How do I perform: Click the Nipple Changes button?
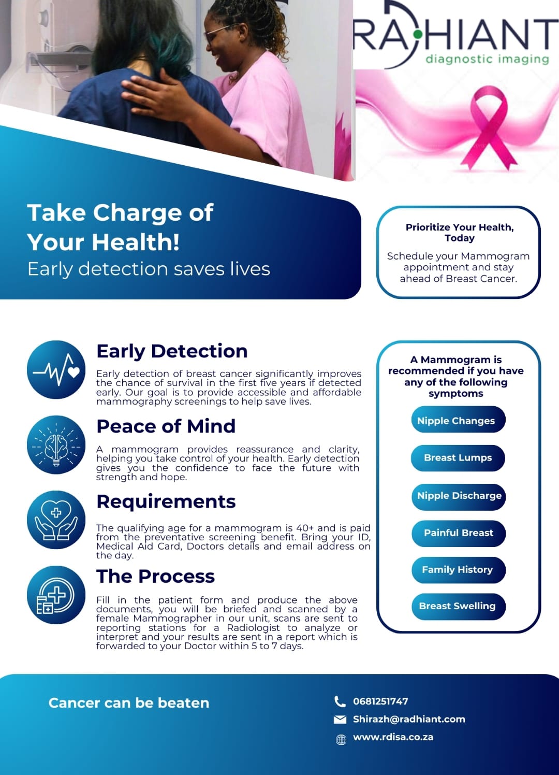[x=459, y=419]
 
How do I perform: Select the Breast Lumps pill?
[x=458, y=458]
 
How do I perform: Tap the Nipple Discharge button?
[x=459, y=497]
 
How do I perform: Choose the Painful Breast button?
[x=459, y=534]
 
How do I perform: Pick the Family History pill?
[x=459, y=570]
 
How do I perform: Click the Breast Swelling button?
[x=459, y=607]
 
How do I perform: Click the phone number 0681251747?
[x=380, y=701]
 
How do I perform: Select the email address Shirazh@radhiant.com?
[x=409, y=719]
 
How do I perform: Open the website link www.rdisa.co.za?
[x=393, y=737]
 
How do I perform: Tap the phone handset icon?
[x=340, y=701]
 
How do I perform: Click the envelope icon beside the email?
[x=340, y=720]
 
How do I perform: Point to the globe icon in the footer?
[x=341, y=740]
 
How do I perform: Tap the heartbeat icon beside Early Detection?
[x=56, y=369]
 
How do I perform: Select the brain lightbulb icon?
[x=56, y=445]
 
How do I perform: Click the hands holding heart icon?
[x=56, y=520]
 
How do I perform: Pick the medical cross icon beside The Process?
[x=56, y=595]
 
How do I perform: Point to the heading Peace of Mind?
[x=166, y=426]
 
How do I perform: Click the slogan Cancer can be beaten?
[x=129, y=703]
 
